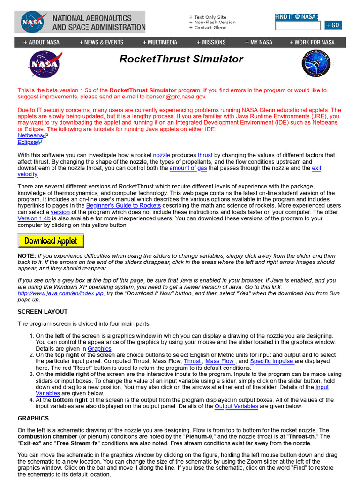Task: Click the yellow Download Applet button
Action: coord(51,241)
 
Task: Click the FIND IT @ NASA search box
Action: coord(298,25)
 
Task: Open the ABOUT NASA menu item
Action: coord(42,42)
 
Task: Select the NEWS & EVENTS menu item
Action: coord(101,42)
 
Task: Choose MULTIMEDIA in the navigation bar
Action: coord(160,42)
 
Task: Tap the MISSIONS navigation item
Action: coord(211,42)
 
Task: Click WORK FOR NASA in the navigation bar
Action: coord(312,42)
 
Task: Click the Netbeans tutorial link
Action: coord(30,135)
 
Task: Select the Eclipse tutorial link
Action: coord(27,142)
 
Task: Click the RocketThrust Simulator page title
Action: coord(181,59)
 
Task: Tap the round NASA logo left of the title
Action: coord(45,64)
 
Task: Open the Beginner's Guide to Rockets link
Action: coord(123,206)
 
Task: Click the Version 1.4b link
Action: coord(34,218)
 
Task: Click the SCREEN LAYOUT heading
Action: coord(43,312)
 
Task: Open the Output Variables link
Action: coord(236,406)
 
